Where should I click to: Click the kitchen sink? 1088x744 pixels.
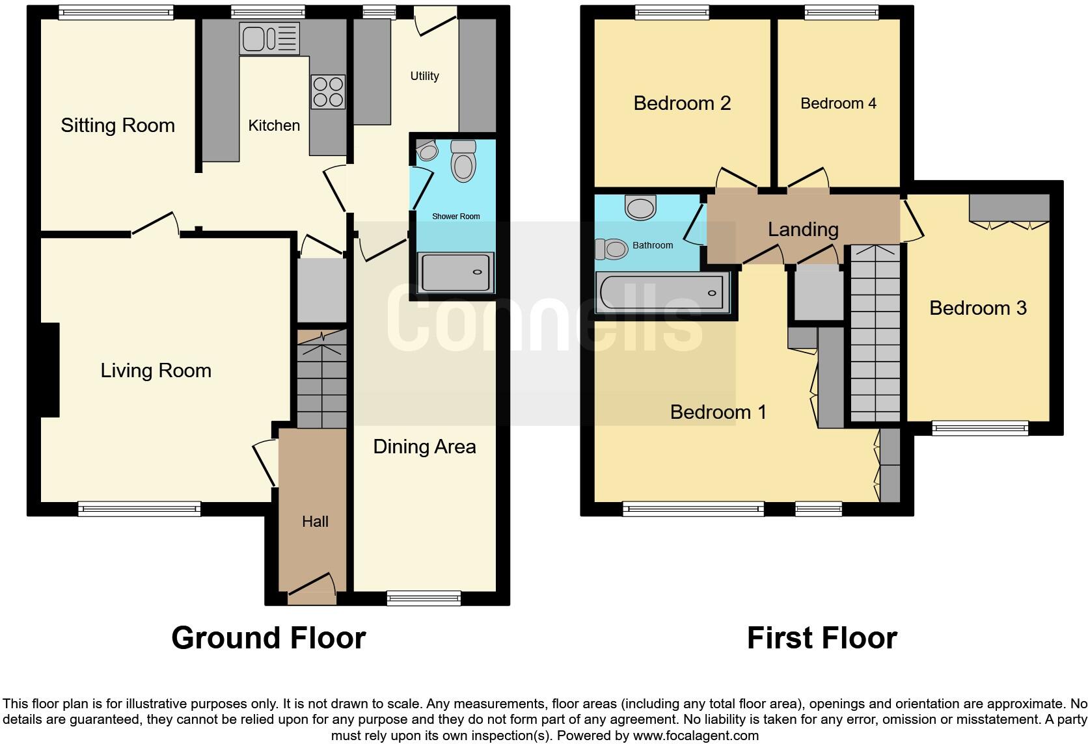[x=269, y=38]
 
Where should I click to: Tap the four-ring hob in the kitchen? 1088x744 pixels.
[x=328, y=92]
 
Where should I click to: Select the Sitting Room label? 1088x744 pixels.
[x=118, y=126]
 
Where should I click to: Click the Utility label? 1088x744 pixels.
[x=424, y=76]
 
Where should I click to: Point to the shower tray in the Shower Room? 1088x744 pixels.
[x=456, y=272]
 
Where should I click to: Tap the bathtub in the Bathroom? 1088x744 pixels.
[x=662, y=293]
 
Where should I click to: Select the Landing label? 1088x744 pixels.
[x=802, y=229]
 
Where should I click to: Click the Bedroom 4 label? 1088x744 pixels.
[x=838, y=103]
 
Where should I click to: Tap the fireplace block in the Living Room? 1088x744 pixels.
[x=50, y=370]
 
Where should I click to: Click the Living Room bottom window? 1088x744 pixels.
[x=139, y=509]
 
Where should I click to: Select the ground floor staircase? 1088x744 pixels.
[x=321, y=381]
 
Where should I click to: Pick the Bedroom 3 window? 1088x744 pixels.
[x=979, y=427]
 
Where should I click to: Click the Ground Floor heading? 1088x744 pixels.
[x=268, y=638]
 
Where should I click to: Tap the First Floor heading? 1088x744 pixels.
[x=822, y=638]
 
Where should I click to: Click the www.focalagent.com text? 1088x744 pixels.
[x=696, y=736]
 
